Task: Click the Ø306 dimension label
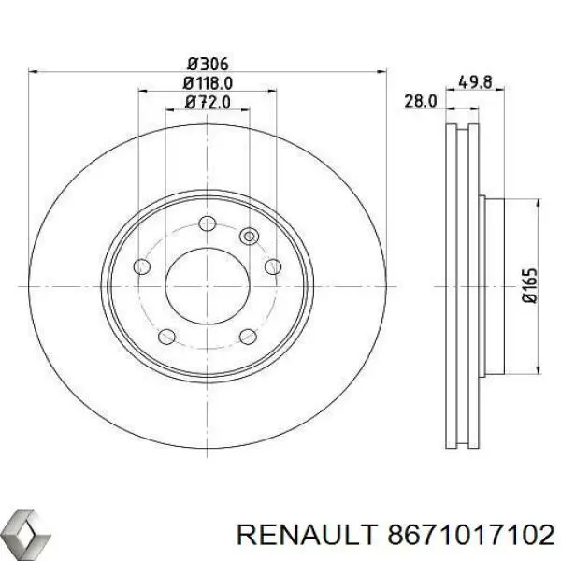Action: (x=208, y=64)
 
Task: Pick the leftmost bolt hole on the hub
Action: (x=142, y=267)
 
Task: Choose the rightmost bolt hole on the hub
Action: (x=272, y=267)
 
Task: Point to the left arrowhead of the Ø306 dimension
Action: (x=35, y=72)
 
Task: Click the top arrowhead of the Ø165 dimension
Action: (x=539, y=202)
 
